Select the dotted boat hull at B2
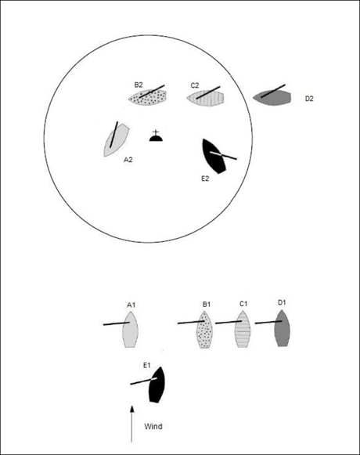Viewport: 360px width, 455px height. [148, 97]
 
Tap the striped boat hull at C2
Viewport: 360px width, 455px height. [206, 99]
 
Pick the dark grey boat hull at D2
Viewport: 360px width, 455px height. [272, 97]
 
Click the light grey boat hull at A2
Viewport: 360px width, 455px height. [117, 140]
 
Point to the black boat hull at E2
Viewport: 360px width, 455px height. [214, 157]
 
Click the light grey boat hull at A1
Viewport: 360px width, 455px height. [130, 330]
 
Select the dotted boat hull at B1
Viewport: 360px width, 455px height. [205, 330]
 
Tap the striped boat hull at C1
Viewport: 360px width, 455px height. [243, 329]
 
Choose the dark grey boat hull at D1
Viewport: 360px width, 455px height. [283, 328]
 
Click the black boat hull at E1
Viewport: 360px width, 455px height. [157, 385]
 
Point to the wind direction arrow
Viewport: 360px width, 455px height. [132, 424]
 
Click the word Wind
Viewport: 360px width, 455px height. [153, 427]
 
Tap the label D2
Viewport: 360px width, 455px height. [309, 99]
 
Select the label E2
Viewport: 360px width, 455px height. [205, 179]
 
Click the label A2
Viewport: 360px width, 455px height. [128, 160]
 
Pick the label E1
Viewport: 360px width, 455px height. [147, 366]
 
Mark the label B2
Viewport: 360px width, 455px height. [139, 85]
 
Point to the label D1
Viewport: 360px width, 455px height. [282, 302]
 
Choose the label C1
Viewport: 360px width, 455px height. [243, 304]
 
